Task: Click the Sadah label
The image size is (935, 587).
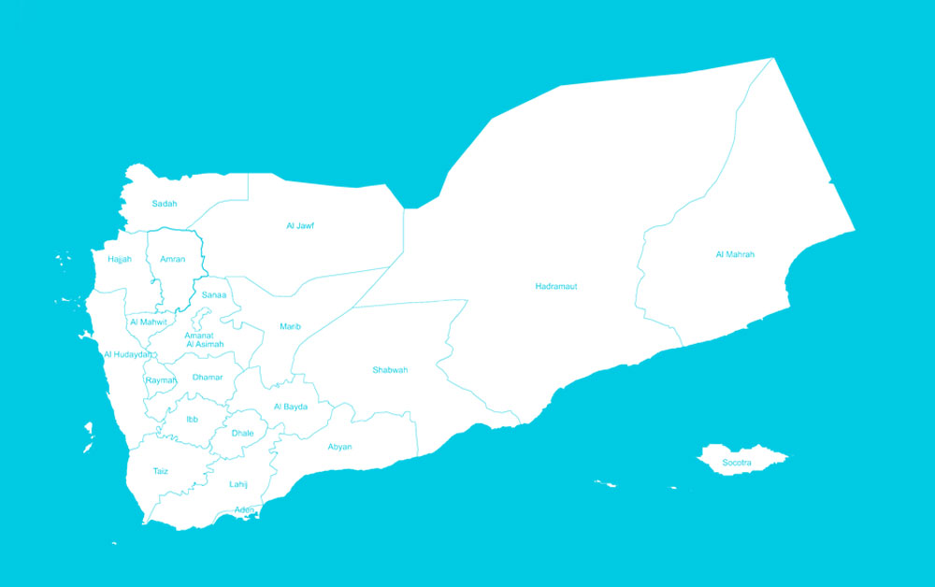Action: (x=165, y=204)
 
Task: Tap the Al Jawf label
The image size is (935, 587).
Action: (x=300, y=226)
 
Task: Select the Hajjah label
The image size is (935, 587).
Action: (x=120, y=259)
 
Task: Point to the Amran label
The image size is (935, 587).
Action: (x=172, y=259)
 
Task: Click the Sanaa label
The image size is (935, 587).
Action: (x=214, y=295)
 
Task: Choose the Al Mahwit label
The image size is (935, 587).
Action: (x=149, y=322)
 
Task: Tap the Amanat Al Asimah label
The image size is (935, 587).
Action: (x=205, y=340)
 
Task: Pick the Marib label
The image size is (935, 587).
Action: (x=290, y=326)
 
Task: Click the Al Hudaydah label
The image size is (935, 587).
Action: (x=127, y=355)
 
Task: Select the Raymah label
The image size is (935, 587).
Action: (x=161, y=380)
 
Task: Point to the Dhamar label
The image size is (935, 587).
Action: (x=208, y=378)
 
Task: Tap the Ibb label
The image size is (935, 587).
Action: (x=192, y=420)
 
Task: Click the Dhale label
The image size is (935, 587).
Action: (x=242, y=434)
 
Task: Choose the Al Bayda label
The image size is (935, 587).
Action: (x=290, y=407)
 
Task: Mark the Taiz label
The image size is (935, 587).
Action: (x=161, y=471)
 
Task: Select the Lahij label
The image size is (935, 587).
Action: (x=238, y=484)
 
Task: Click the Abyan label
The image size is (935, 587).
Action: (x=339, y=447)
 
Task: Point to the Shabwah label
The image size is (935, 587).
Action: (x=390, y=370)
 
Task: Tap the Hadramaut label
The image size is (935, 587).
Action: (x=555, y=286)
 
